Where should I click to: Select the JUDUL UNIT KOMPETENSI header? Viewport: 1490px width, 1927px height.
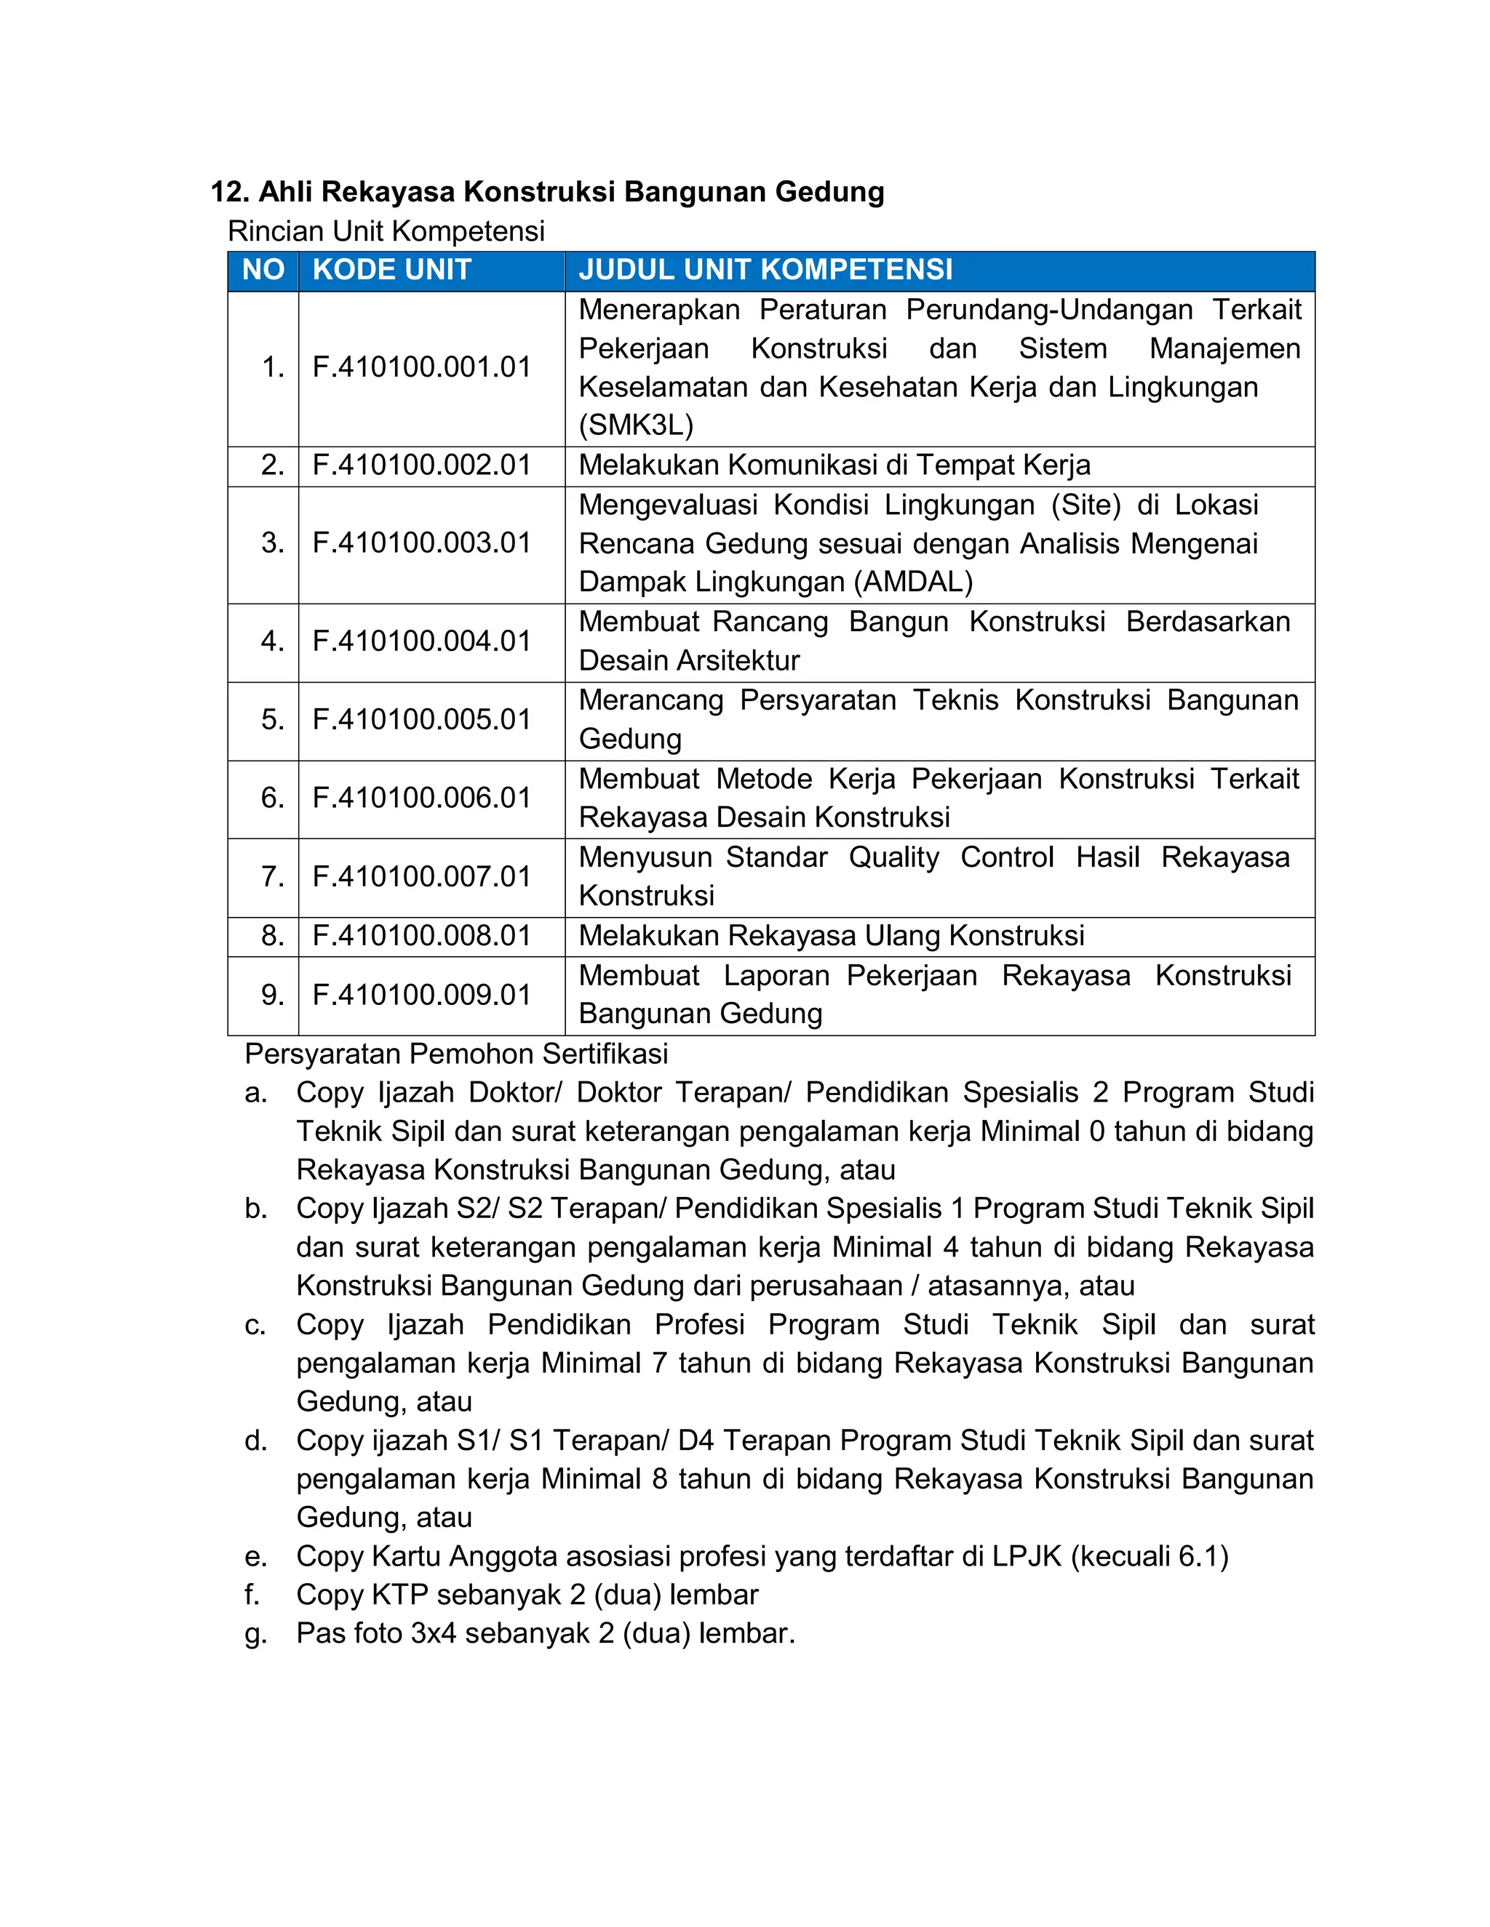click(x=765, y=270)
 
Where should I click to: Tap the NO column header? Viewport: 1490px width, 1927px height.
click(x=263, y=270)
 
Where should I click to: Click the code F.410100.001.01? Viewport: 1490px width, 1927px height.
click(x=421, y=368)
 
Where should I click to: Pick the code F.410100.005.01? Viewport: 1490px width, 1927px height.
click(x=421, y=720)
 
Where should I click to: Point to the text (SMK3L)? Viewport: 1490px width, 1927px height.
click(x=636, y=426)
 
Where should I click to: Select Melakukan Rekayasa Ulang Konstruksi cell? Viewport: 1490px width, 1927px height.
click(x=831, y=936)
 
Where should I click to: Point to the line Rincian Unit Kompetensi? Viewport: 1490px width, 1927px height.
click(x=386, y=232)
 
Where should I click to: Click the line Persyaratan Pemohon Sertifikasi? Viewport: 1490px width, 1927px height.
click(x=455, y=1054)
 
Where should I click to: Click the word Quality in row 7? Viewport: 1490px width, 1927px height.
click(x=893, y=857)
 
